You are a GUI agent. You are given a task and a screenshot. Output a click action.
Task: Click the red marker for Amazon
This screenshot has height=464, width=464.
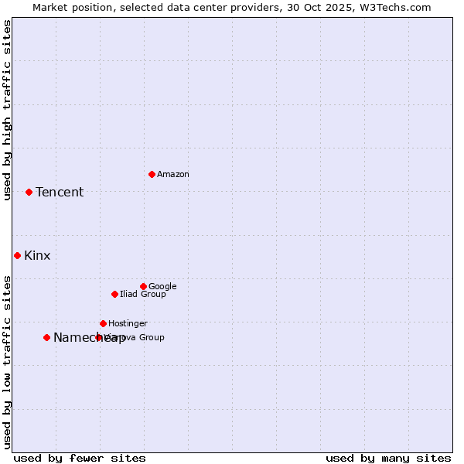(x=152, y=174)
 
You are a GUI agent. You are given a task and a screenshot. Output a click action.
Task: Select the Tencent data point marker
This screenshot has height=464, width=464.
(x=29, y=192)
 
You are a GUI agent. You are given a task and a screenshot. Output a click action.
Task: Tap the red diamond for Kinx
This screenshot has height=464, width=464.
(x=17, y=255)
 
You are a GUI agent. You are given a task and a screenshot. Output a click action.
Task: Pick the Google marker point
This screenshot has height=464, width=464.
(x=143, y=286)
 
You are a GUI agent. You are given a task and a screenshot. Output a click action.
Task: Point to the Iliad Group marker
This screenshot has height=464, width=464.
(x=114, y=294)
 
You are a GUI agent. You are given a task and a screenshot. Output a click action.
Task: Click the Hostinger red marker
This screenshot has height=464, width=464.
(x=103, y=323)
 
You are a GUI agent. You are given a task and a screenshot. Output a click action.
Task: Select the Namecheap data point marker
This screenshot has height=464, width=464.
(x=46, y=337)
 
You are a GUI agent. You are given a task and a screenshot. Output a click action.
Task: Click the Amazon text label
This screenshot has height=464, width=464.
(x=173, y=175)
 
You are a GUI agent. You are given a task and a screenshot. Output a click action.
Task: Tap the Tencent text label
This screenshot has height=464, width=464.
(x=60, y=193)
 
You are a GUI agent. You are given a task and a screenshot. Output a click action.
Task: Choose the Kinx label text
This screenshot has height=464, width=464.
(x=37, y=256)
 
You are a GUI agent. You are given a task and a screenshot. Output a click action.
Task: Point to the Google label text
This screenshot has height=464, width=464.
(x=162, y=287)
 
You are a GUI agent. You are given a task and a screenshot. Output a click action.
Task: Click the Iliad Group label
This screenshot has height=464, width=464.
(x=143, y=295)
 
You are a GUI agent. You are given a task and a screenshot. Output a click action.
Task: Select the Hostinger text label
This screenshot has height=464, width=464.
(x=128, y=324)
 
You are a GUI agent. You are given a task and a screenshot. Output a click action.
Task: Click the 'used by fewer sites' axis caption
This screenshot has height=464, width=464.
(x=80, y=458)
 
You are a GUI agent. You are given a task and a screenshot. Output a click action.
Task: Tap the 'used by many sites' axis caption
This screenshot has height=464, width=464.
(x=388, y=458)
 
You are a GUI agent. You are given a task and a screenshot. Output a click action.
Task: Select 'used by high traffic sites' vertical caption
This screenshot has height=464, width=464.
(x=8, y=111)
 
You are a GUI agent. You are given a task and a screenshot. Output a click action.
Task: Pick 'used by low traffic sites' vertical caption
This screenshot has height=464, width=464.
(x=8, y=361)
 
